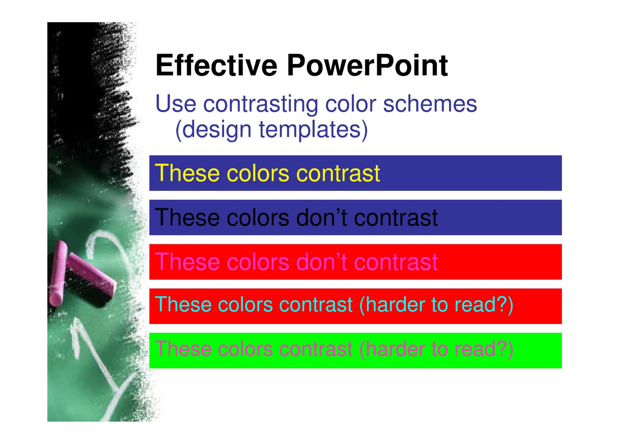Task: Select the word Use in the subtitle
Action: coord(176,104)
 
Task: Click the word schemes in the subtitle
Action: coord(430,104)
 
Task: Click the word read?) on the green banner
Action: coord(484,349)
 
